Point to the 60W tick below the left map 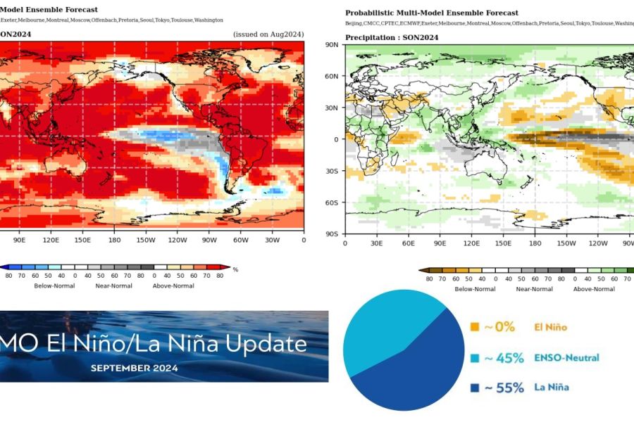point(242,240)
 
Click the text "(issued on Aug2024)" point(268,34)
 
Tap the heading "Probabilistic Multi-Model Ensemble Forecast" point(431,13)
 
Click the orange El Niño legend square point(475,327)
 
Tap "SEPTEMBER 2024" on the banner point(134,368)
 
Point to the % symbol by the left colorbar point(235,269)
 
